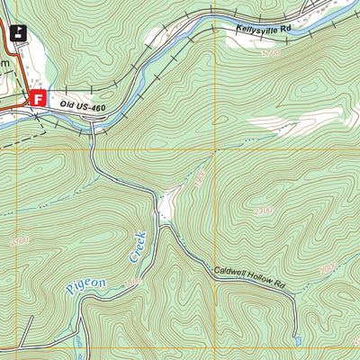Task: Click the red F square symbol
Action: click(38, 99)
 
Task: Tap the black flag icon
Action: click(18, 34)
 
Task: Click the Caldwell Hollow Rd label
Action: click(249, 277)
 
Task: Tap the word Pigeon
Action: click(85, 287)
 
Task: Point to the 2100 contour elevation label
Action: click(20, 241)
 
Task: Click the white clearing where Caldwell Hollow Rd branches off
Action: click(166, 205)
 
